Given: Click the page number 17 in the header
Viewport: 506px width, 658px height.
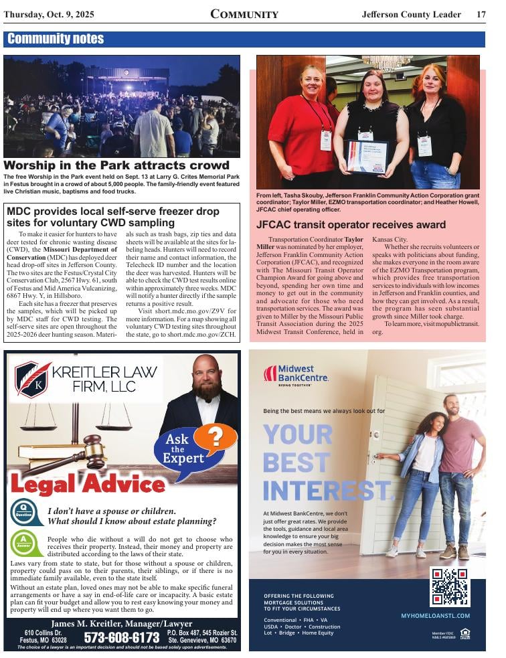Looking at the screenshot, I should tap(481, 14).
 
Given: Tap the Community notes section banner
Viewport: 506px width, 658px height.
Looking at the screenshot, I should tap(56, 39).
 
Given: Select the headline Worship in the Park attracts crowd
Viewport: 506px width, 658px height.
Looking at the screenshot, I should tap(116, 165).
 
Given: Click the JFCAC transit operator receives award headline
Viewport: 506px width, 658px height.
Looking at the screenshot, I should tap(351, 225).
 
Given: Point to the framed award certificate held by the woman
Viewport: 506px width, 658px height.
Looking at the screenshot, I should tap(367, 156).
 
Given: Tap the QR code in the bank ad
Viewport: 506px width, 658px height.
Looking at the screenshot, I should tap(449, 586).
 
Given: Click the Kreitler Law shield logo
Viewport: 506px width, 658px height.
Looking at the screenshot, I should tap(33, 380).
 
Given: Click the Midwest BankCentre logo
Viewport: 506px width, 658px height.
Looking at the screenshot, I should tap(296, 374).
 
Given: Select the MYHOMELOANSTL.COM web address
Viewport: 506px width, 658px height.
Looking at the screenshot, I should tap(435, 615).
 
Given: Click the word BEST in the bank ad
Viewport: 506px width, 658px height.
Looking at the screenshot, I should tap(295, 463).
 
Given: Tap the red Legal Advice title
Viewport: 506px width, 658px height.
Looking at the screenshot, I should tap(88, 483).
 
